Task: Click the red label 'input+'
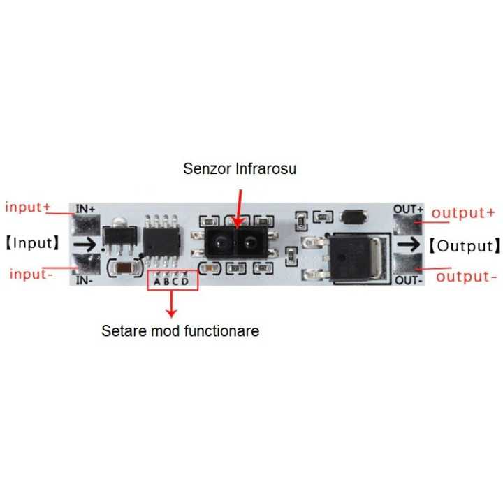[29, 207]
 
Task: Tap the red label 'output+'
[463, 212]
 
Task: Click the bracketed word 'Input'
[34, 244]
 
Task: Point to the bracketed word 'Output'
[465, 245]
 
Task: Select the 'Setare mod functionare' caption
[180, 330]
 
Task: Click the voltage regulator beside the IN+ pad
[114, 238]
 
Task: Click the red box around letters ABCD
[172, 281]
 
